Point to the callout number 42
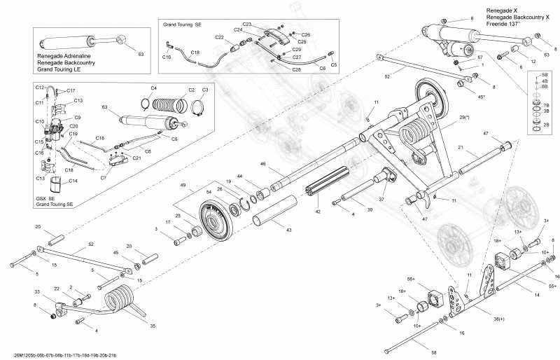317,211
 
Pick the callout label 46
263,164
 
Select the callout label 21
461,148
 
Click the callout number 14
536,296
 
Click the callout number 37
382,199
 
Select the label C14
73,181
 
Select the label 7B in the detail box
546,104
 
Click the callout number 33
37,291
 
